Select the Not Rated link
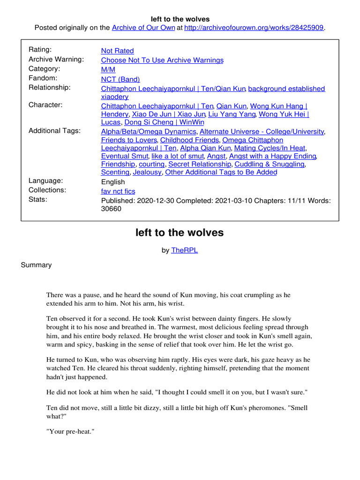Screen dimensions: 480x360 [117, 51]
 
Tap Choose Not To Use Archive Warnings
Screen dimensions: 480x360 [162, 60]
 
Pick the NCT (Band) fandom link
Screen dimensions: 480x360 [120, 79]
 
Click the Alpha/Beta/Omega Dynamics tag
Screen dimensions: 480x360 [149, 132]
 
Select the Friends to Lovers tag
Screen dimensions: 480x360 [129, 140]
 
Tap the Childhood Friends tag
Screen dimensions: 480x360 [189, 140]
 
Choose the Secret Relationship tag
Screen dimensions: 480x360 [199, 164]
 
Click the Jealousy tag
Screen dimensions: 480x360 [147, 172]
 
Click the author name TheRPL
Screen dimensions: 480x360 [184, 250]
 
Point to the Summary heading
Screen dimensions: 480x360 [36, 265]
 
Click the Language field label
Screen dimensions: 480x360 [45, 181]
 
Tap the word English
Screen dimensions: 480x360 [113, 182]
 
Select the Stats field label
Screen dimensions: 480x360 [38, 199]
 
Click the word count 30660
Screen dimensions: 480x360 [111, 209]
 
